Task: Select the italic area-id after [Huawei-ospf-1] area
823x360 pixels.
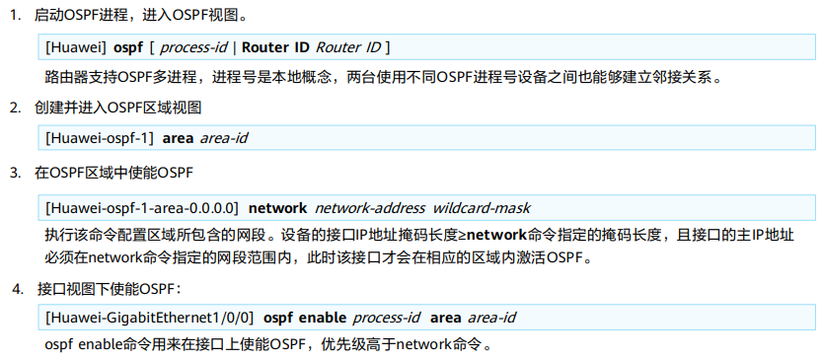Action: [223, 138]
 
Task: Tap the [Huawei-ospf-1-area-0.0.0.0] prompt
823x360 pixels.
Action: [142, 208]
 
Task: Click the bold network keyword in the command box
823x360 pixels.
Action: [277, 208]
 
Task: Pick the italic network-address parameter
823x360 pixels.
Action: [369, 208]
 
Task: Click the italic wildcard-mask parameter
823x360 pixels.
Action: [481, 208]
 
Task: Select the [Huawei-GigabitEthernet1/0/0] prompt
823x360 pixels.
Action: [150, 318]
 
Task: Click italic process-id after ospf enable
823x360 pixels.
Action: [386, 318]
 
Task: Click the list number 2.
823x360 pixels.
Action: [14, 106]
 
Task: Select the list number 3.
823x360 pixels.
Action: [14, 174]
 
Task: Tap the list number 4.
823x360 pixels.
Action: [17, 290]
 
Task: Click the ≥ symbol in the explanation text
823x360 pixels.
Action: [461, 237]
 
